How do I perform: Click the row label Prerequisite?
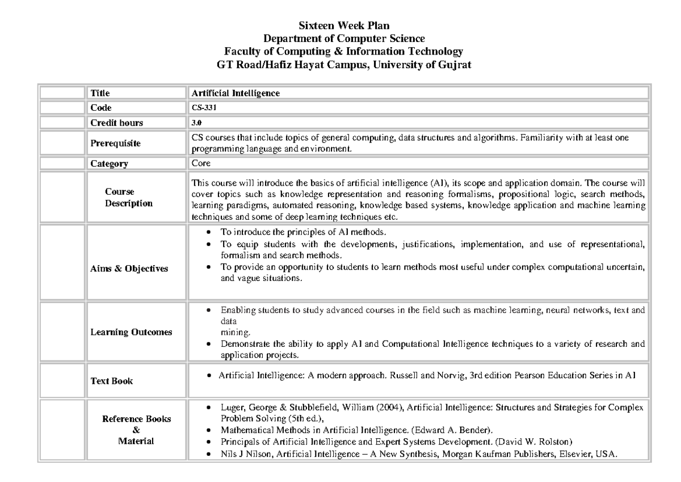116,144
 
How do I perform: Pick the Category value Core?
201,164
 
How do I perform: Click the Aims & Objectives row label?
129,269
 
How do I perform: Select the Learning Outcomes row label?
131,332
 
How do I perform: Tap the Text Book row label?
112,381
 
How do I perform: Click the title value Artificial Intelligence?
236,93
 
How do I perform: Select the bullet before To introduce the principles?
210,233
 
